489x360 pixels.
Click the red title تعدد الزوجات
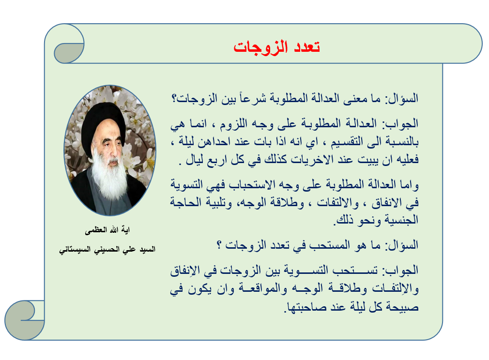276,47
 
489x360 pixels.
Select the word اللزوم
233,124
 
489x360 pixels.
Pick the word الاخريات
309,160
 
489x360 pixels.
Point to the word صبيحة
402,307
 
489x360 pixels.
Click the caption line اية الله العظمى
107,230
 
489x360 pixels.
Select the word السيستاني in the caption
74,249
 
